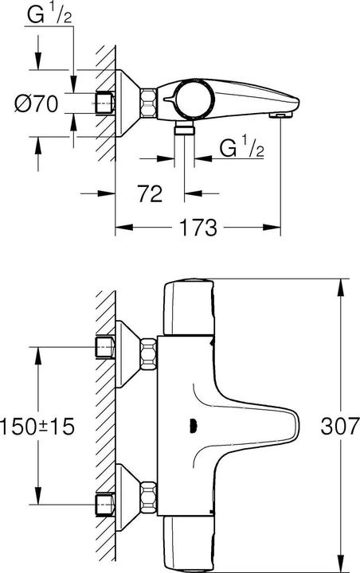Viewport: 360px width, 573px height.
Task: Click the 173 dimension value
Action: point(198,228)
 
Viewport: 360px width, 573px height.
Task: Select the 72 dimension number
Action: point(152,193)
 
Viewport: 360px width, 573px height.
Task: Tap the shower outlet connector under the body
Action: point(185,130)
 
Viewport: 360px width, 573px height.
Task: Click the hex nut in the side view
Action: point(148,102)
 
